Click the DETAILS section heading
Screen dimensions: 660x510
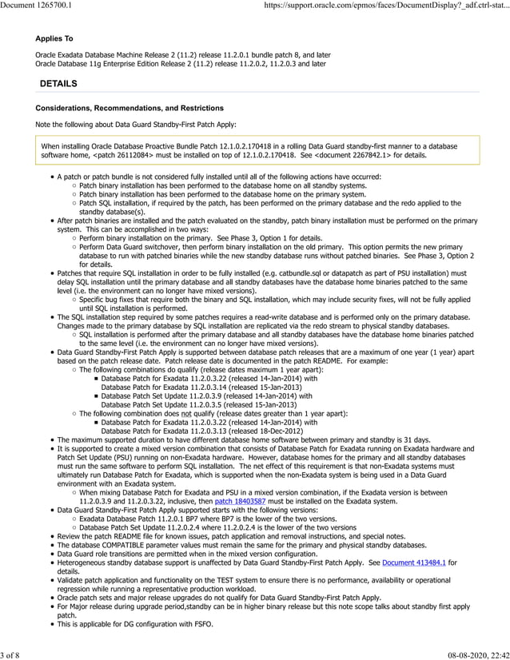point(58,84)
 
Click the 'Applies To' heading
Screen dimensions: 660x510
point(54,38)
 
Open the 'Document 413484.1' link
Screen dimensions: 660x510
point(414,563)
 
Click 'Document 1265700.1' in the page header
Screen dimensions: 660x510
point(36,6)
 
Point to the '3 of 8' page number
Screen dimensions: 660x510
point(14,652)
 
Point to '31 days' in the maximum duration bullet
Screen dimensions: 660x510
point(416,439)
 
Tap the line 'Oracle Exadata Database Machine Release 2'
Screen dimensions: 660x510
point(112,54)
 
